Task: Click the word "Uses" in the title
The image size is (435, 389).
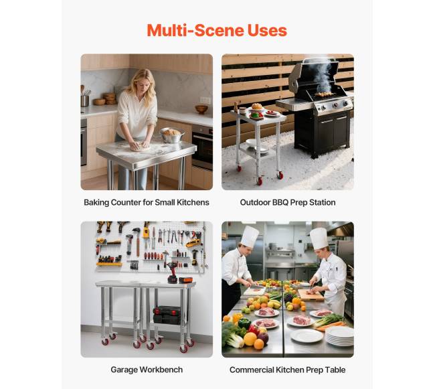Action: tap(267, 30)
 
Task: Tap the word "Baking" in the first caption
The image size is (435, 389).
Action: tap(96, 203)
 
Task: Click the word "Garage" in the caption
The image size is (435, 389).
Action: tap(124, 370)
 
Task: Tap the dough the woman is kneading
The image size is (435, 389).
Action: tap(140, 147)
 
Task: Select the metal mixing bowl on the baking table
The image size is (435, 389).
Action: tap(171, 135)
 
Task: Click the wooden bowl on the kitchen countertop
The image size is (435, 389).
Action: tap(201, 109)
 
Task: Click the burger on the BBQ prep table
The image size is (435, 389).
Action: tap(257, 107)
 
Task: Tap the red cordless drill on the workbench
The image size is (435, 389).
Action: tap(173, 273)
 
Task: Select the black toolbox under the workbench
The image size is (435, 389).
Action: tap(167, 315)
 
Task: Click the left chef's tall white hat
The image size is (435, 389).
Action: tap(250, 236)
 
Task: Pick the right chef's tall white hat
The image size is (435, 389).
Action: tap(319, 238)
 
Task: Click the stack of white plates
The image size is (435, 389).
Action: tap(340, 335)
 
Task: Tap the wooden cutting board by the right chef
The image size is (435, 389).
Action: tap(311, 295)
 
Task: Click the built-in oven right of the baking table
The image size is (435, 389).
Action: tap(202, 147)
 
